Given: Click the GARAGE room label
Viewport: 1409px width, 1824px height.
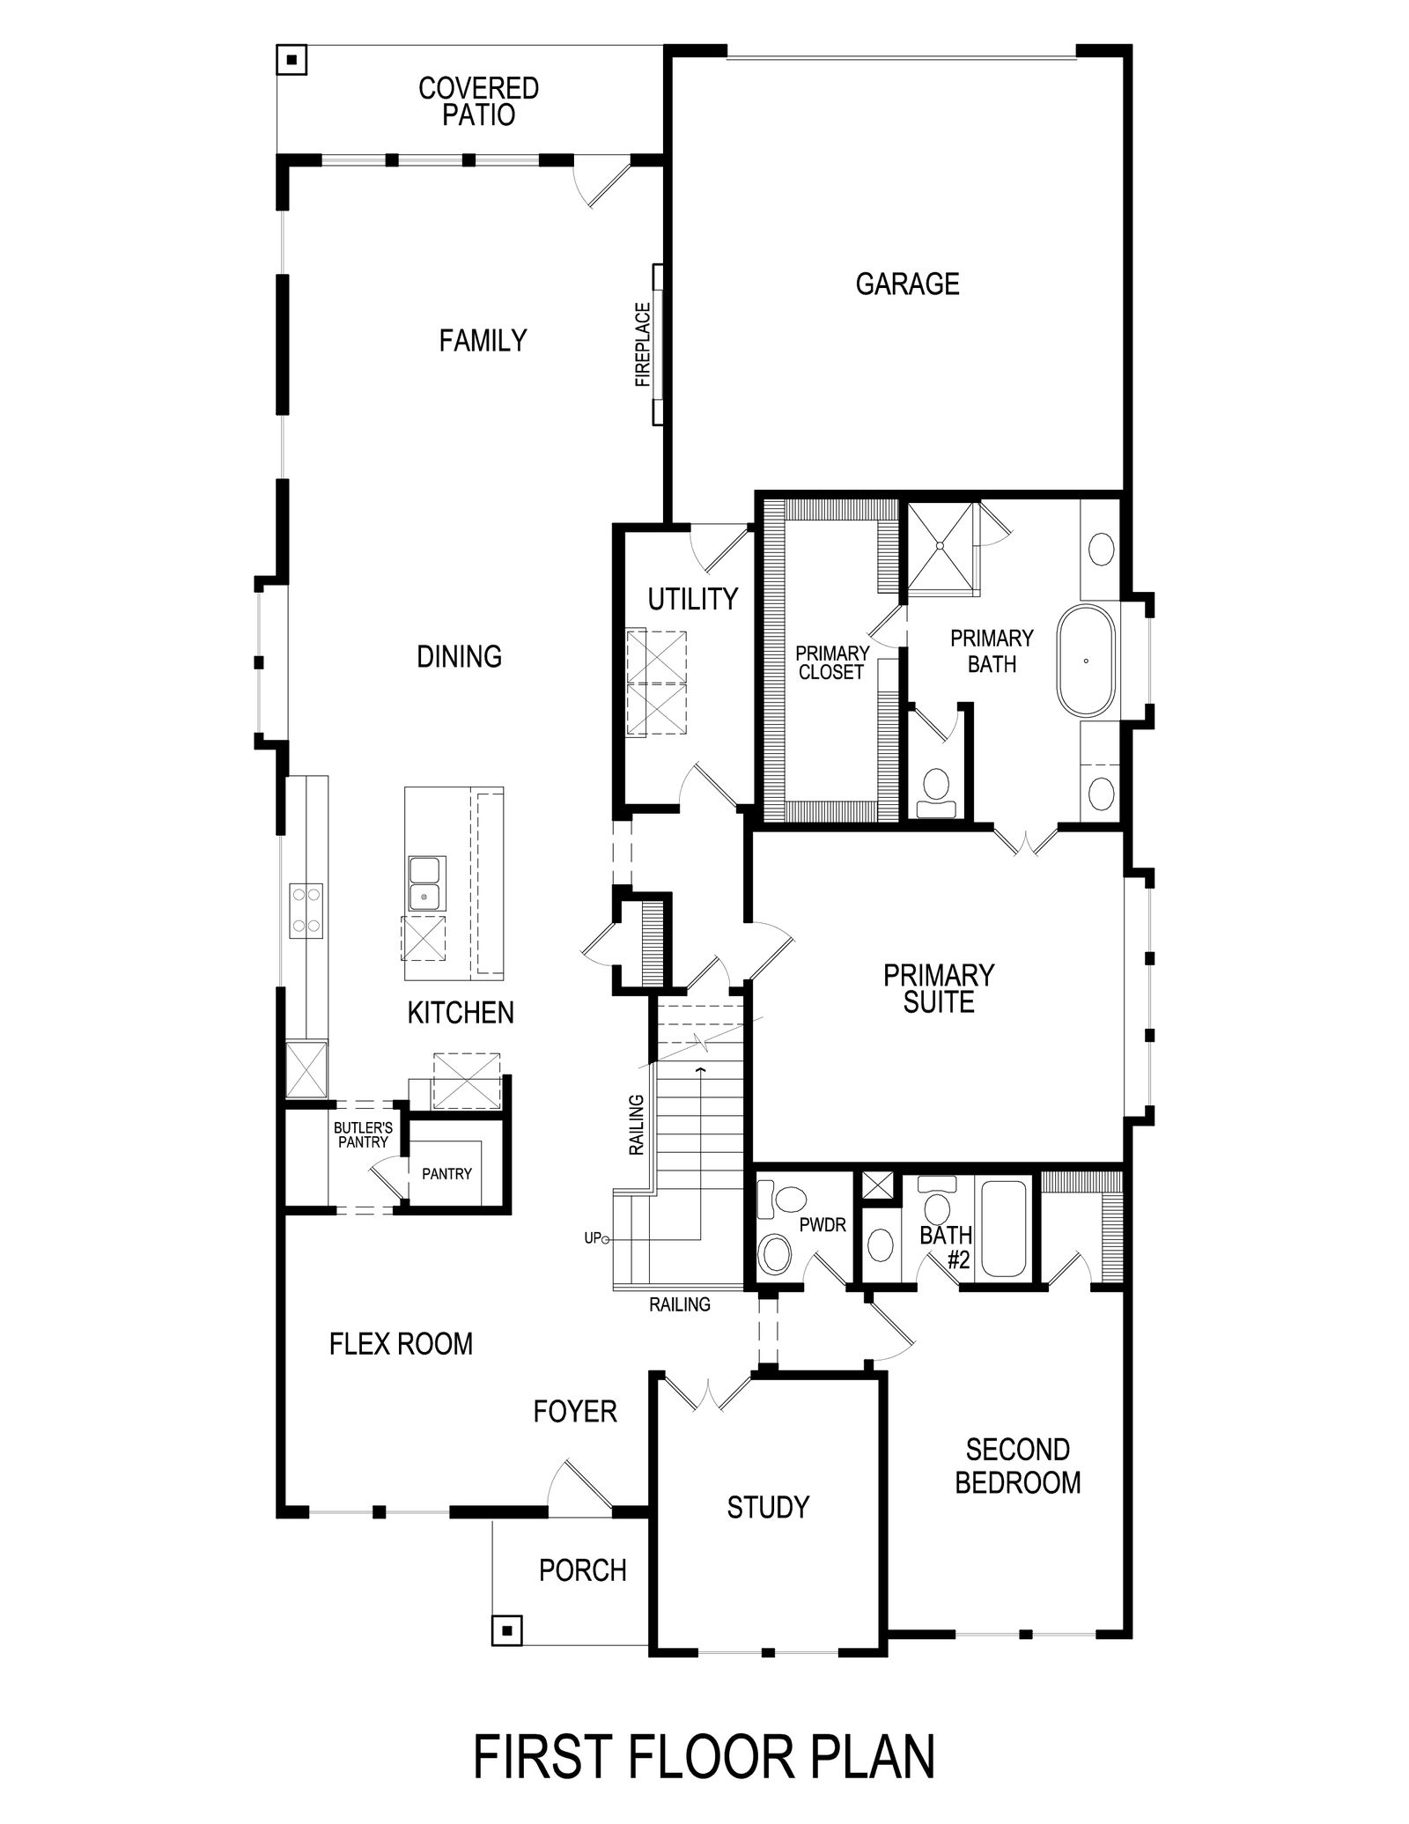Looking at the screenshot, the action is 907,284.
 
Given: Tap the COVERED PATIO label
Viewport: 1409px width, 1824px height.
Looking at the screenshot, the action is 479,101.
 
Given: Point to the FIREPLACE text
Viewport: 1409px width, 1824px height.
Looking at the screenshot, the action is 643,345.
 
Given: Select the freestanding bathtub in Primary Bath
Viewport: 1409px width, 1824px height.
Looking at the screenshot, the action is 1086,661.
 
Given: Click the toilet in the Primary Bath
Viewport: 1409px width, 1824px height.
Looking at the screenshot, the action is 933,792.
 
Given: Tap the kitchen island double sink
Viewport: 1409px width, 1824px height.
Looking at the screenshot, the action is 426,884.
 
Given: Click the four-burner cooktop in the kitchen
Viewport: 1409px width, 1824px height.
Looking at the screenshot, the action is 306,908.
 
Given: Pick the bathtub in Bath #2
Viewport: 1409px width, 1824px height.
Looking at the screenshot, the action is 1005,1228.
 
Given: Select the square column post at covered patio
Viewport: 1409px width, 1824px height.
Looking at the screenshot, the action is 291,61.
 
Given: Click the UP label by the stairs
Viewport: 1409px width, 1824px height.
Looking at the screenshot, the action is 593,1238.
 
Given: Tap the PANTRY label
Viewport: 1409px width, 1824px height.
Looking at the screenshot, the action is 446,1174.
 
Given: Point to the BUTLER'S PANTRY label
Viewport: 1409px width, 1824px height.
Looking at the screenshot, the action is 363,1134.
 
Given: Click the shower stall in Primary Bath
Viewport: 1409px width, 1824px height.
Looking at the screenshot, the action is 941,545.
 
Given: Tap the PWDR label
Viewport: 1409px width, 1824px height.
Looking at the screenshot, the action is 823,1225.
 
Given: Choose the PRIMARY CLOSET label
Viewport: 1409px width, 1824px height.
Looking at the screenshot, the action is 832,662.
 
